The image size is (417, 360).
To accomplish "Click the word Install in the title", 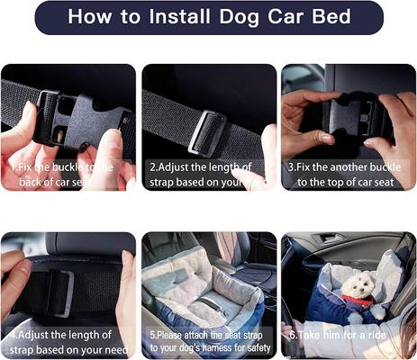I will [175, 17].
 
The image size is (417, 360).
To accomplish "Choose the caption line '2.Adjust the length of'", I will [201, 166].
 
